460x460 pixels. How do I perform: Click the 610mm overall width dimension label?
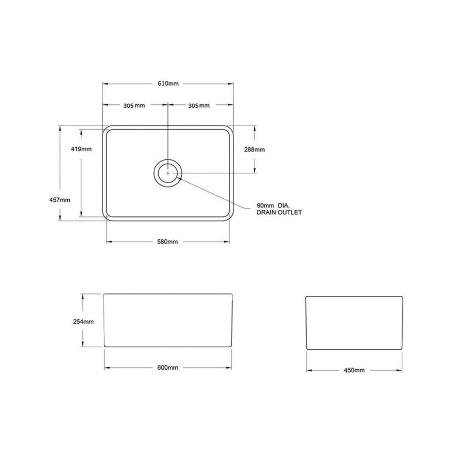[168, 83]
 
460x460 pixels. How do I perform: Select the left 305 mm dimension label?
[134, 106]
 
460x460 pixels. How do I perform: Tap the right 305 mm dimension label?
[199, 106]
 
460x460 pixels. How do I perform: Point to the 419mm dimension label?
[81, 149]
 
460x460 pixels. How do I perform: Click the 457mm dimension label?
[60, 200]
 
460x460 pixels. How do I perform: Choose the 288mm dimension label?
[255, 149]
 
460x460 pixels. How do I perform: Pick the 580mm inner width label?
[167, 242]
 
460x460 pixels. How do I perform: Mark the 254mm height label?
[83, 322]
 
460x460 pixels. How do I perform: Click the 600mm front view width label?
[167, 368]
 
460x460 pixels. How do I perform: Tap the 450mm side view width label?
[354, 370]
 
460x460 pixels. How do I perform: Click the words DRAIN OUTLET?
[279, 212]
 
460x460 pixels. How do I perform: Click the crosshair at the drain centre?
[168, 173]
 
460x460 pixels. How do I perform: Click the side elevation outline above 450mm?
[354, 323]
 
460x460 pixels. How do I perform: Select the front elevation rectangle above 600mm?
[168, 320]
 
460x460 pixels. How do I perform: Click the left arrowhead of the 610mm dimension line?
[104, 83]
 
